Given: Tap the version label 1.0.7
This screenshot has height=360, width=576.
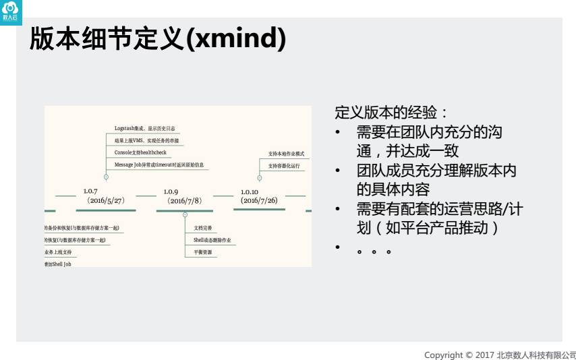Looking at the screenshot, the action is coord(90,191).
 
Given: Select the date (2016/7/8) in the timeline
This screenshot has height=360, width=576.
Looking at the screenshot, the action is coord(185,201).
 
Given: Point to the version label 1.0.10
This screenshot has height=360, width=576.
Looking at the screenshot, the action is coord(250,191).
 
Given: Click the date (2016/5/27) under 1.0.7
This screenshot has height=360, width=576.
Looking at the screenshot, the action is coord(106,201).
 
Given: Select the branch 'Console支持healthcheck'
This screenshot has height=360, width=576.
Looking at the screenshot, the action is coord(140,152).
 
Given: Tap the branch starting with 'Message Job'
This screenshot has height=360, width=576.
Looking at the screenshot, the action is coord(159,164).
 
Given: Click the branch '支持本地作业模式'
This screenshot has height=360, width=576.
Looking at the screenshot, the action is coord(286,154).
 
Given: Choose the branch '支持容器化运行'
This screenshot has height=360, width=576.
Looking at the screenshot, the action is coord(284,165).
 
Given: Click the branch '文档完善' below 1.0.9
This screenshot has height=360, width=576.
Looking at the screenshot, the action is coord(202,229).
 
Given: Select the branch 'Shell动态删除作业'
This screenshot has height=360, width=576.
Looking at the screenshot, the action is coord(212,240).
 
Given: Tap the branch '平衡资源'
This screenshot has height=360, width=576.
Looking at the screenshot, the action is coord(202,251).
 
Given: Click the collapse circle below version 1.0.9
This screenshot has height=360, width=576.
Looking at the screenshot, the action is coord(185,215).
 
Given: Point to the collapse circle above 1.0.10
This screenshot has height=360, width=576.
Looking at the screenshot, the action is coord(260,177).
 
